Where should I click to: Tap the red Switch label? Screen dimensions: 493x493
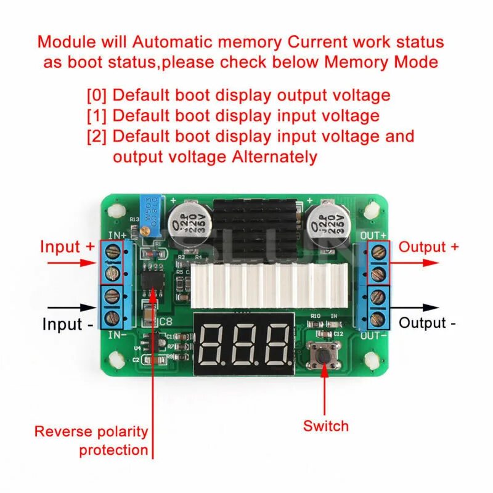point(325,426)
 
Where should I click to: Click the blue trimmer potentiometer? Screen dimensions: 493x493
point(149,214)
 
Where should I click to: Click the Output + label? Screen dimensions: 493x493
point(429,247)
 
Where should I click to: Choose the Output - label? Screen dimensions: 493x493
point(427,322)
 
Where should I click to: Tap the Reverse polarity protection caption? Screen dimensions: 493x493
point(91,441)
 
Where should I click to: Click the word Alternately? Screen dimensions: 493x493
point(275,157)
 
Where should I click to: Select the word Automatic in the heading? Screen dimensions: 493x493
point(171,42)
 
